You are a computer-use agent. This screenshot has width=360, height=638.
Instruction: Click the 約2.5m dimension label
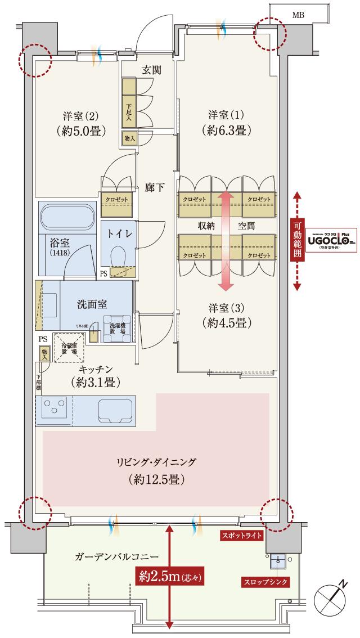[x=170, y=576]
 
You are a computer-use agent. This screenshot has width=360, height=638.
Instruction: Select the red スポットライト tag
[x=241, y=536]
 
